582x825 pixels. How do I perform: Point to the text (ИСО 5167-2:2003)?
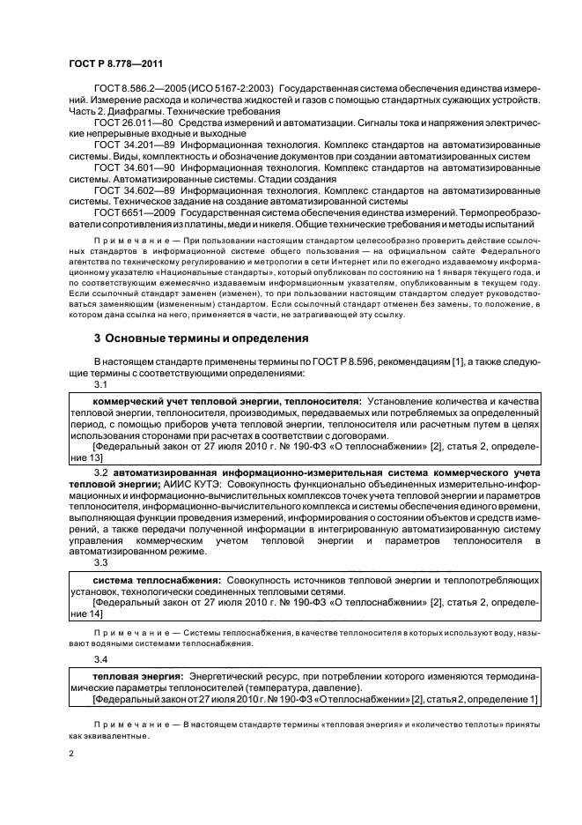pyautogui.click(x=232, y=89)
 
